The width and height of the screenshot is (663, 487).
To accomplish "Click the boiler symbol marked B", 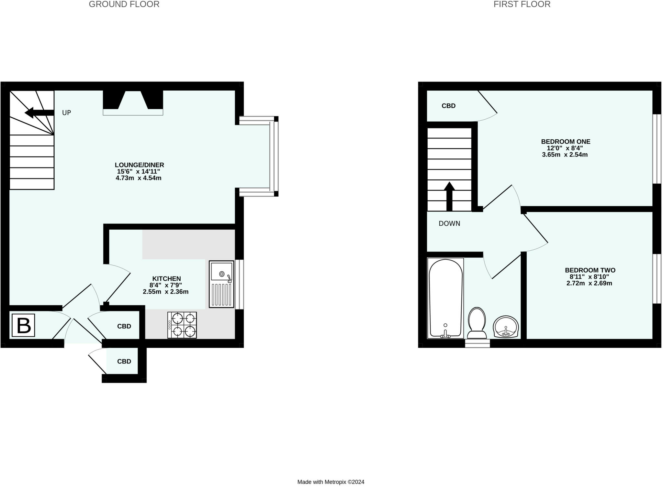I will pyautogui.click(x=23, y=325).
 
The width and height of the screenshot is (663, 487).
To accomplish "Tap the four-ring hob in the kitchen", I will pyautogui.click(x=182, y=325).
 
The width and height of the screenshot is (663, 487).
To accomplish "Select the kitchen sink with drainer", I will pyautogui.click(x=221, y=284).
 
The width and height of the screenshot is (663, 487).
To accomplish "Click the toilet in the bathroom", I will pyautogui.click(x=477, y=323).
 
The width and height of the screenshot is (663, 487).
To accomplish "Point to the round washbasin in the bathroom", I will pyautogui.click(x=506, y=327).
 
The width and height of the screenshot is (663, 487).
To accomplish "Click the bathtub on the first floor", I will pyautogui.click(x=445, y=298).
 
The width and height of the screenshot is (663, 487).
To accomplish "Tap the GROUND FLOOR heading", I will pyautogui.click(x=124, y=5).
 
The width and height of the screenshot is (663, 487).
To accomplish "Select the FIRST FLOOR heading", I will pyautogui.click(x=522, y=5).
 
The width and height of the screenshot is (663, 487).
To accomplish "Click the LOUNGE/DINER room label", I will pyautogui.click(x=139, y=165).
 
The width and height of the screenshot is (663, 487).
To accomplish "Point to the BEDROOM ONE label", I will pyautogui.click(x=566, y=142).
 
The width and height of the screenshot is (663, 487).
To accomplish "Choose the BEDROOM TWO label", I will pyautogui.click(x=590, y=270).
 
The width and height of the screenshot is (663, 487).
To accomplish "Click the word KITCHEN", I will pyautogui.click(x=166, y=278).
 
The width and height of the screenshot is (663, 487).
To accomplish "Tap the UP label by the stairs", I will pyautogui.click(x=66, y=113).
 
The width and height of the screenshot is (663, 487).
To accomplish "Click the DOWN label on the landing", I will pyautogui.click(x=449, y=223).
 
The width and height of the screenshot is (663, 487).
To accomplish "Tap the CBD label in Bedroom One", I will pyautogui.click(x=448, y=106).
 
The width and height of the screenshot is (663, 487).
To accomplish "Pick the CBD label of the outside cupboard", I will pyautogui.click(x=124, y=362).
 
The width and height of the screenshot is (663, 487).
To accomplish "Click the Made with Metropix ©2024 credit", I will pyautogui.click(x=331, y=482).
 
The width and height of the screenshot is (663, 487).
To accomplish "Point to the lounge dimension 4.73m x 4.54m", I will pyautogui.click(x=139, y=178).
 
